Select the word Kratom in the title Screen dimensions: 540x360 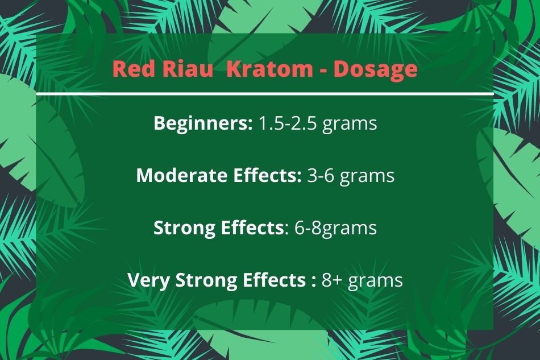269,69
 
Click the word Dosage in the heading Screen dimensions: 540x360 375,69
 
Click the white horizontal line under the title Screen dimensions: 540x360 264,94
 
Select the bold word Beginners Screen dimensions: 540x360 203,123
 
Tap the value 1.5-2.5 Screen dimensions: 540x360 287,123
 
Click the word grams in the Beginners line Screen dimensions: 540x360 350,125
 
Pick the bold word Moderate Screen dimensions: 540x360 182,175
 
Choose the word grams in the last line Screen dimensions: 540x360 375,281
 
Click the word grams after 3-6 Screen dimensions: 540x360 367,177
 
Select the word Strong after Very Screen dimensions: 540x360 206,280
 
